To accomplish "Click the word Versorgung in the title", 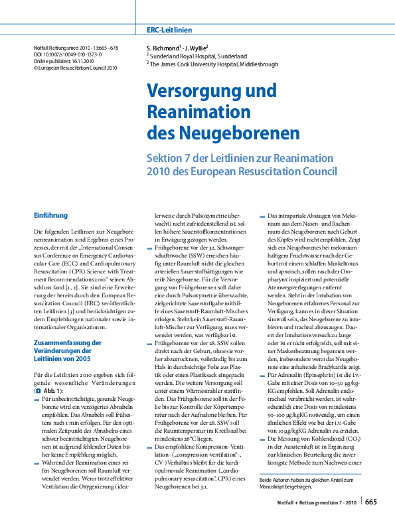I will [193, 91].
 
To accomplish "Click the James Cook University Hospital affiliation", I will [212, 64].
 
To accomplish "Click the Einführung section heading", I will [50, 215].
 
